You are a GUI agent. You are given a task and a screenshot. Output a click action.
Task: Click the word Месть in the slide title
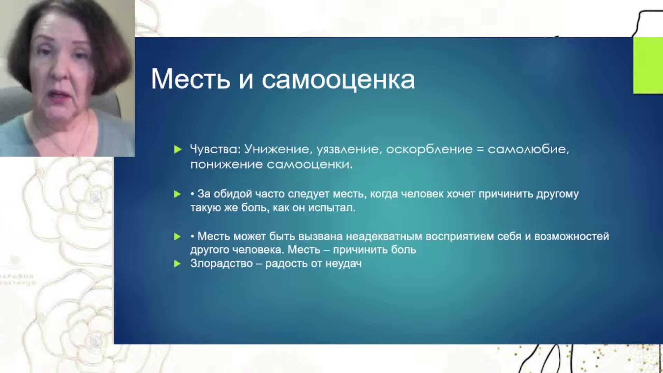(x=190, y=79)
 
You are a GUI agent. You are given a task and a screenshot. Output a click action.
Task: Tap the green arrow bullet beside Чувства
(x=177, y=150)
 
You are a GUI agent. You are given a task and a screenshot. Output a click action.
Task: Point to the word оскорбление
(x=429, y=149)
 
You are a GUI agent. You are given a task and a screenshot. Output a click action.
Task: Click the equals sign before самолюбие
(x=480, y=150)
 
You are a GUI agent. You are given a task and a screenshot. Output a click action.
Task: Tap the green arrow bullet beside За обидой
(x=177, y=194)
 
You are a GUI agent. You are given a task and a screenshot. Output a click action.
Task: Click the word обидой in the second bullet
(x=233, y=194)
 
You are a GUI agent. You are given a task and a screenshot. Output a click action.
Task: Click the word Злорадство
(x=221, y=264)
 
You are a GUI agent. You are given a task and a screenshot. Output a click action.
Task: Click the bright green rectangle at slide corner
(x=648, y=65)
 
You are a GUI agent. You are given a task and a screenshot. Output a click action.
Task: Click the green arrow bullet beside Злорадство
(x=177, y=264)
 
